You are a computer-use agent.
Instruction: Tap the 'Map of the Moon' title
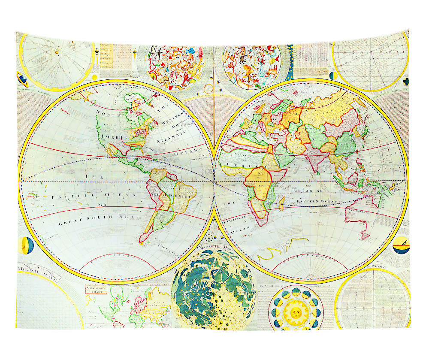(213, 247)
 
